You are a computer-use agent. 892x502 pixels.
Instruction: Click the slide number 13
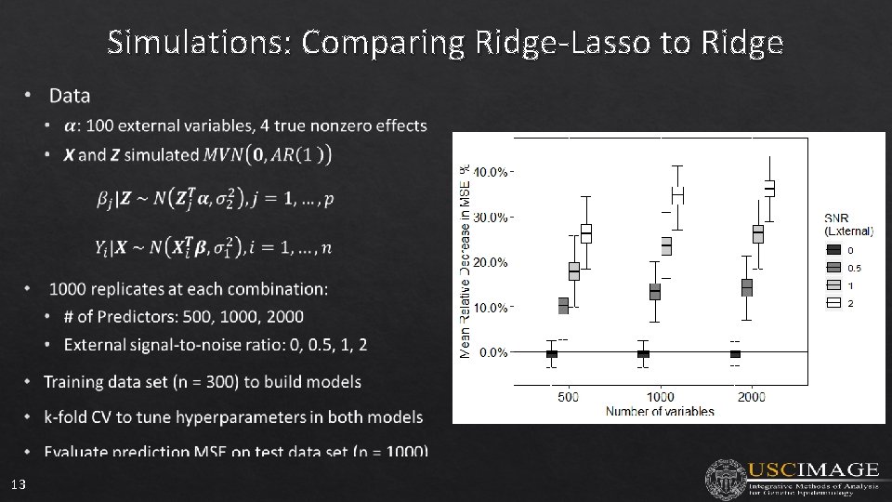tap(19, 484)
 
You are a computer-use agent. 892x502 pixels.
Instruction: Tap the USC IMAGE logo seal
tap(725, 479)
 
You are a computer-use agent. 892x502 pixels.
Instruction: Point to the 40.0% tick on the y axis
tap(490, 172)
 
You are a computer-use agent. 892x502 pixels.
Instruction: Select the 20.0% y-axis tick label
tap(490, 262)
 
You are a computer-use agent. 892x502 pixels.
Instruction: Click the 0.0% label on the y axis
tap(492, 352)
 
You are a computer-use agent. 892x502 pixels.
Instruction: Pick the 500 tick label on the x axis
tap(568, 397)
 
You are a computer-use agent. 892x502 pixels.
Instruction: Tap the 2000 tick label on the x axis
tap(752, 397)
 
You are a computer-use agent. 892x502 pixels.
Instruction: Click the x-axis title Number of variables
tap(660, 411)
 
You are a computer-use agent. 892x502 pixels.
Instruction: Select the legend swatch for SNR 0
tap(833, 249)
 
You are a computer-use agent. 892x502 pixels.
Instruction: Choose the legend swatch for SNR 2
tap(833, 302)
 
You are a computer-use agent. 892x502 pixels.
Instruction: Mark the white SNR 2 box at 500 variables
tap(586, 232)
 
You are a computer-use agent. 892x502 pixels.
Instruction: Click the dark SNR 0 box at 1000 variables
tap(643, 353)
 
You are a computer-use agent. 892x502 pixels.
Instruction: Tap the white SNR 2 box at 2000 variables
tap(769, 188)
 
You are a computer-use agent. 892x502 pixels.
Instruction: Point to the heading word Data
tap(70, 96)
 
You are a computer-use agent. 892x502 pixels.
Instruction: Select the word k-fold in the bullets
tap(68, 417)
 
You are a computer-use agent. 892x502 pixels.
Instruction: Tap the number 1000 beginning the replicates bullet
tap(69, 289)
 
